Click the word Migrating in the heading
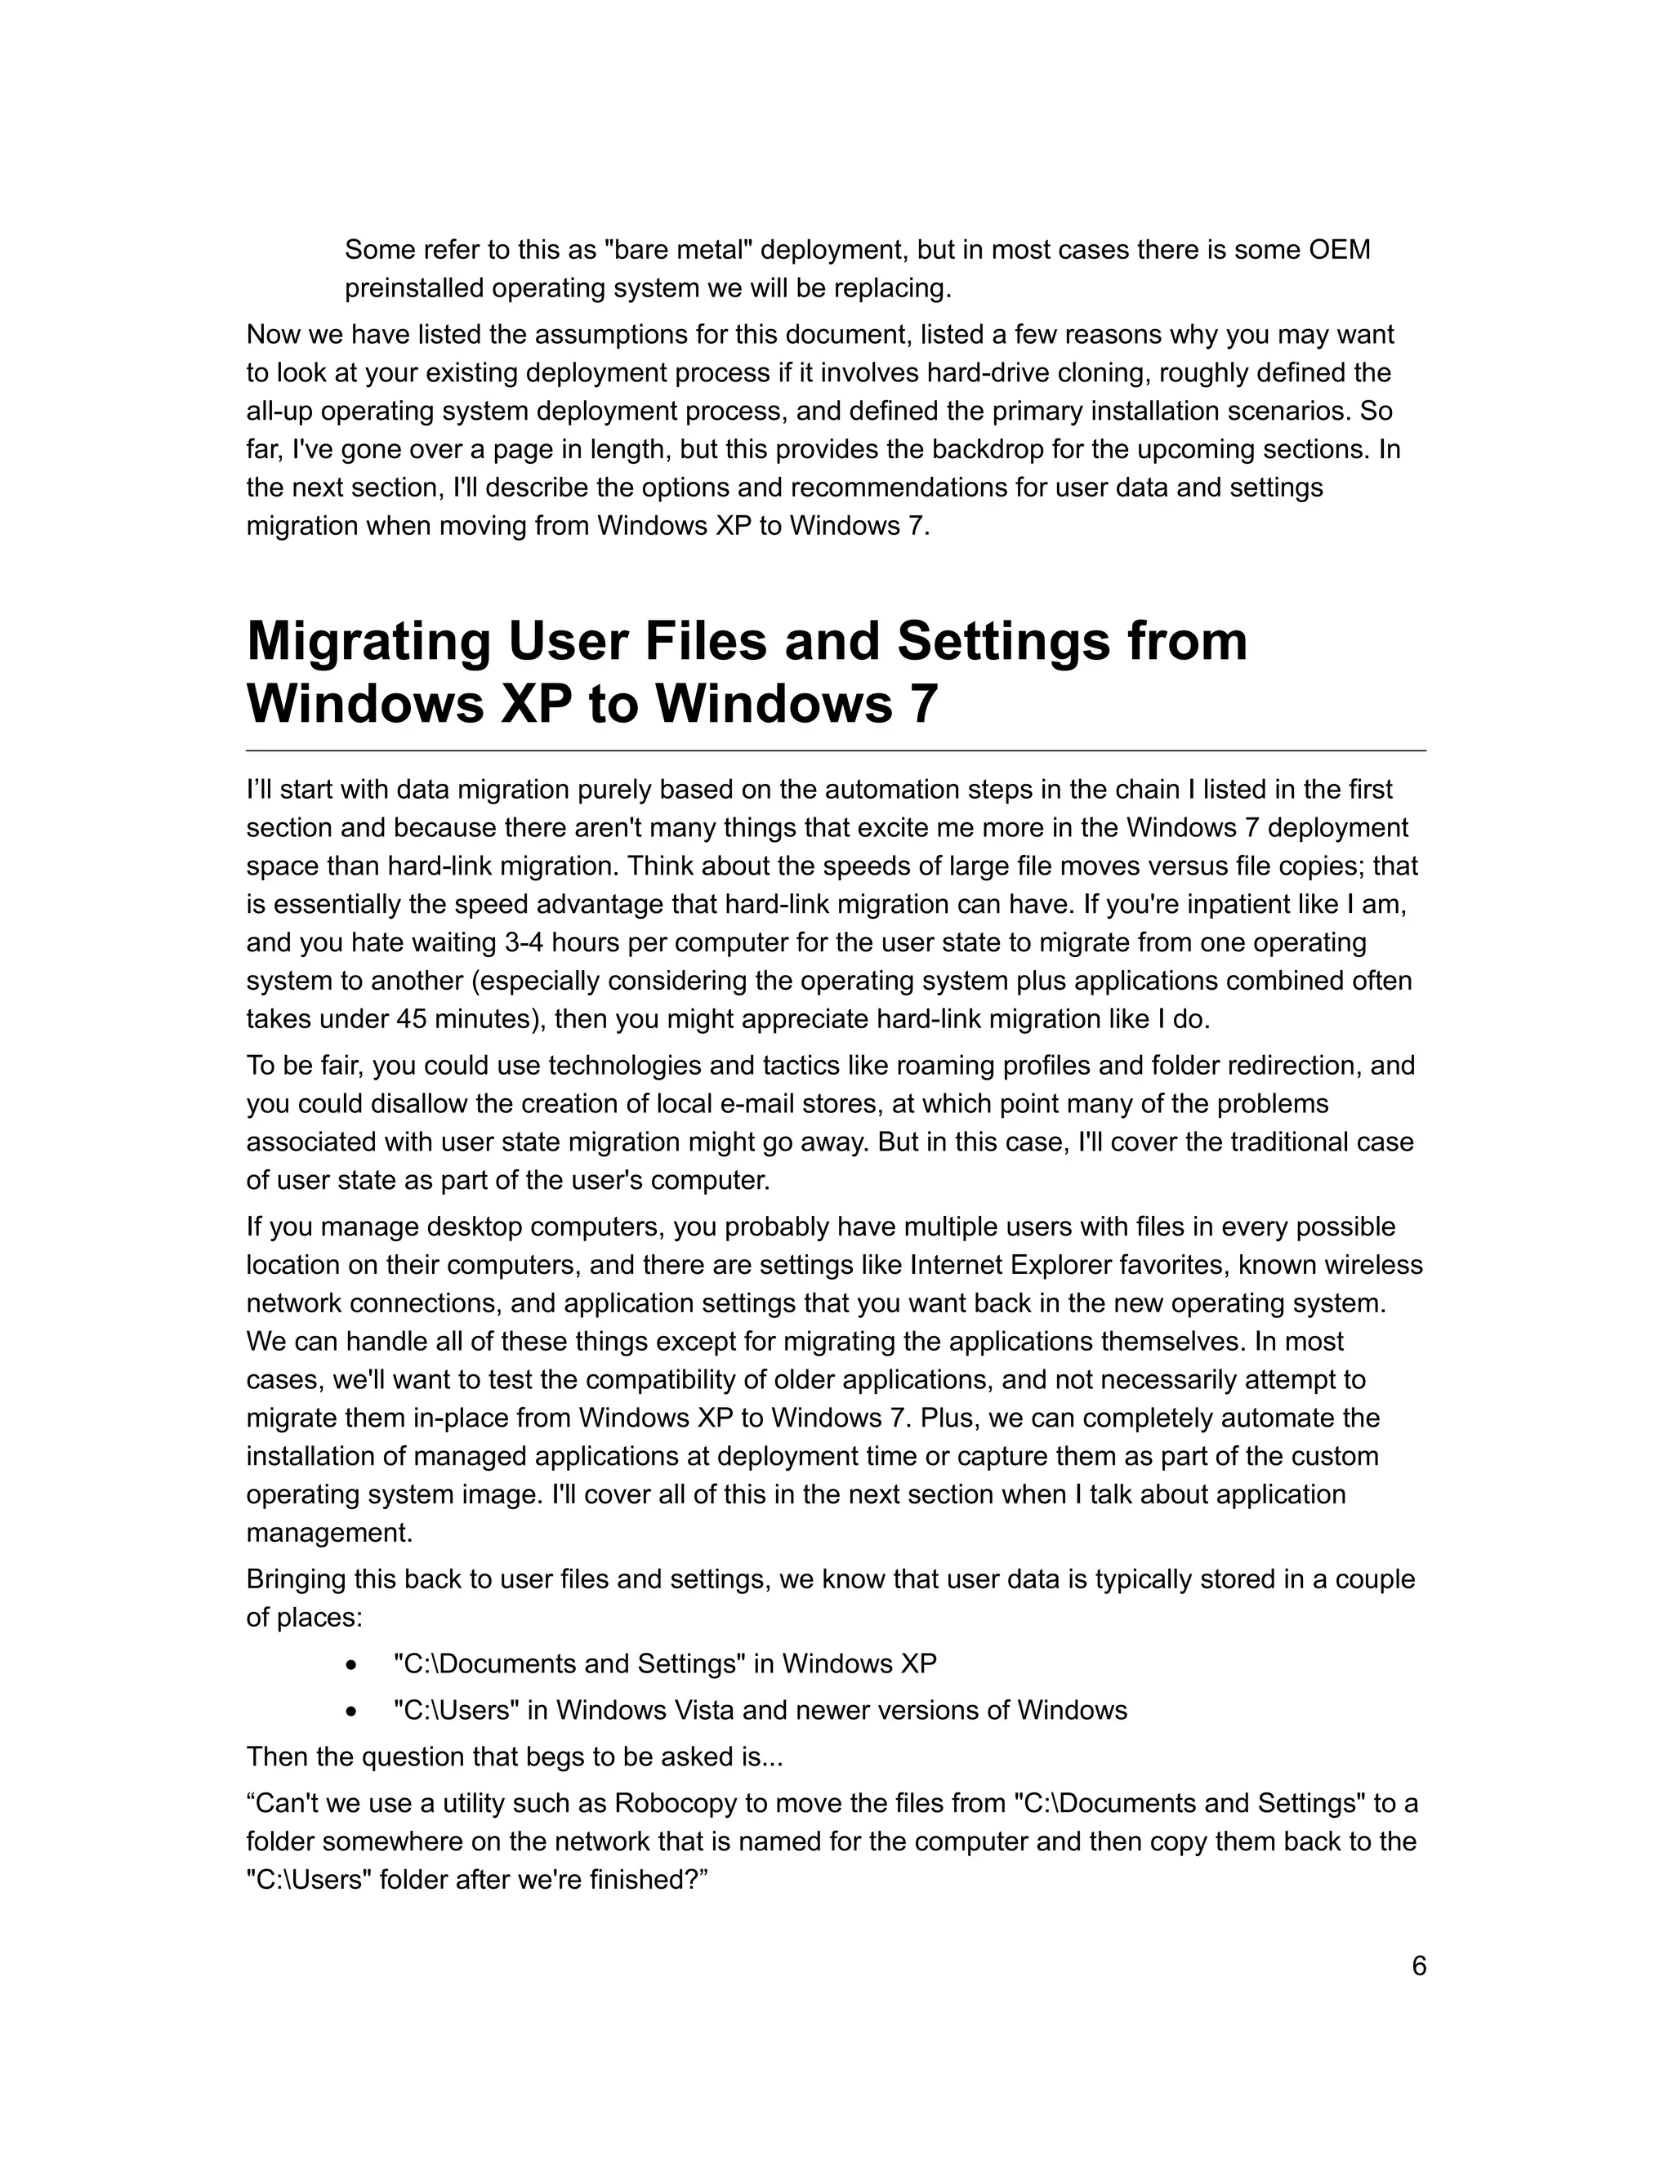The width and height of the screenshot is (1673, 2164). [368, 641]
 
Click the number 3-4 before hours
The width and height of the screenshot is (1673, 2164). [530, 942]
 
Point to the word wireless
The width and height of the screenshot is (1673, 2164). [1372, 1265]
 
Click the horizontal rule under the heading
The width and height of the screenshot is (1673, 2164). [836, 751]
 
